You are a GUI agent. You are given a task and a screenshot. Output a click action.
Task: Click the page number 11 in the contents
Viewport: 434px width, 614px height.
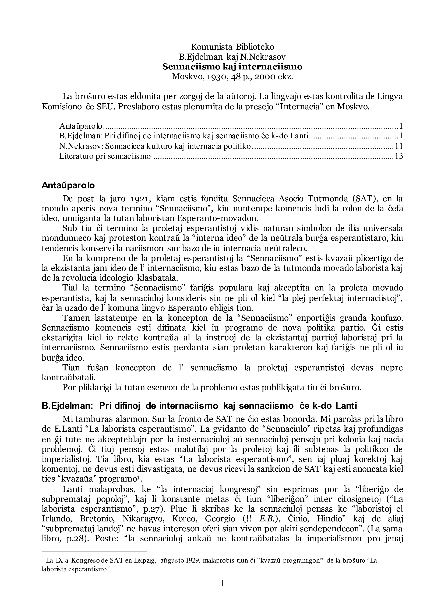pyautogui.click(x=399, y=146)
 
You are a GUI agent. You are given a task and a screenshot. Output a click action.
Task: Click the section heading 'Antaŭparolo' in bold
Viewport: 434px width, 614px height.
pyautogui.click(x=68, y=185)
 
